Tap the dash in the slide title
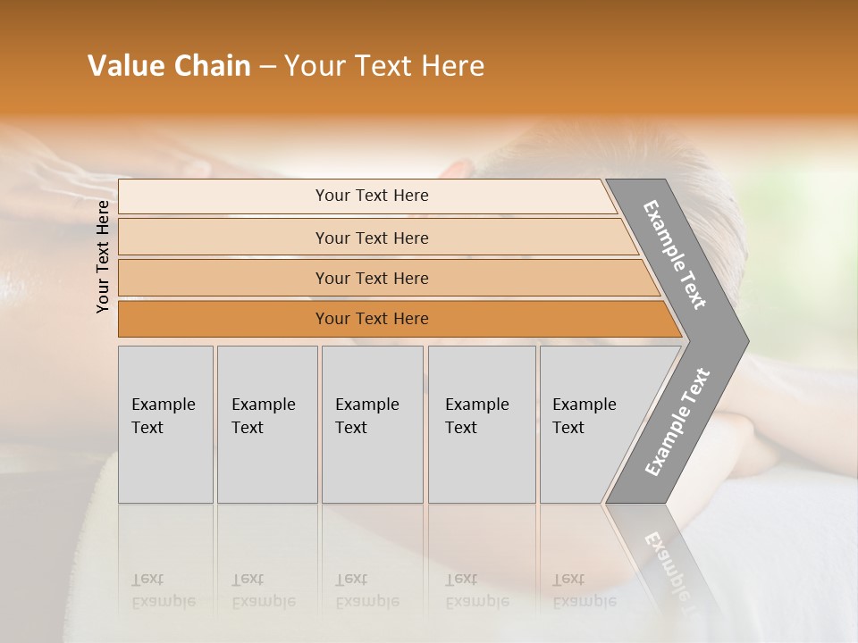267,67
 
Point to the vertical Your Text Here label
103,256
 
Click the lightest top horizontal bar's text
372,196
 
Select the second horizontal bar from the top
372,238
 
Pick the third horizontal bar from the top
372,278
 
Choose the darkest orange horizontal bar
372,319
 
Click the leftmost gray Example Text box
165,424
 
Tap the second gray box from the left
266,424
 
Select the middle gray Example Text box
372,424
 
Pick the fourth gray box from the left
481,424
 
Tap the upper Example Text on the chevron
675,255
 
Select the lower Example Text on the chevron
677,422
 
